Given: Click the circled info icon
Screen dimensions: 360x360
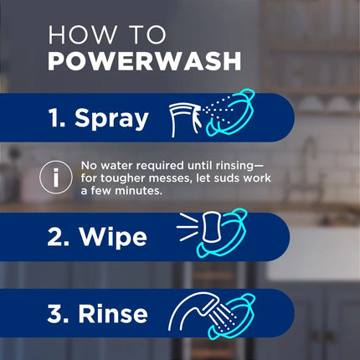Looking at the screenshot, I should tap(57, 178).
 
